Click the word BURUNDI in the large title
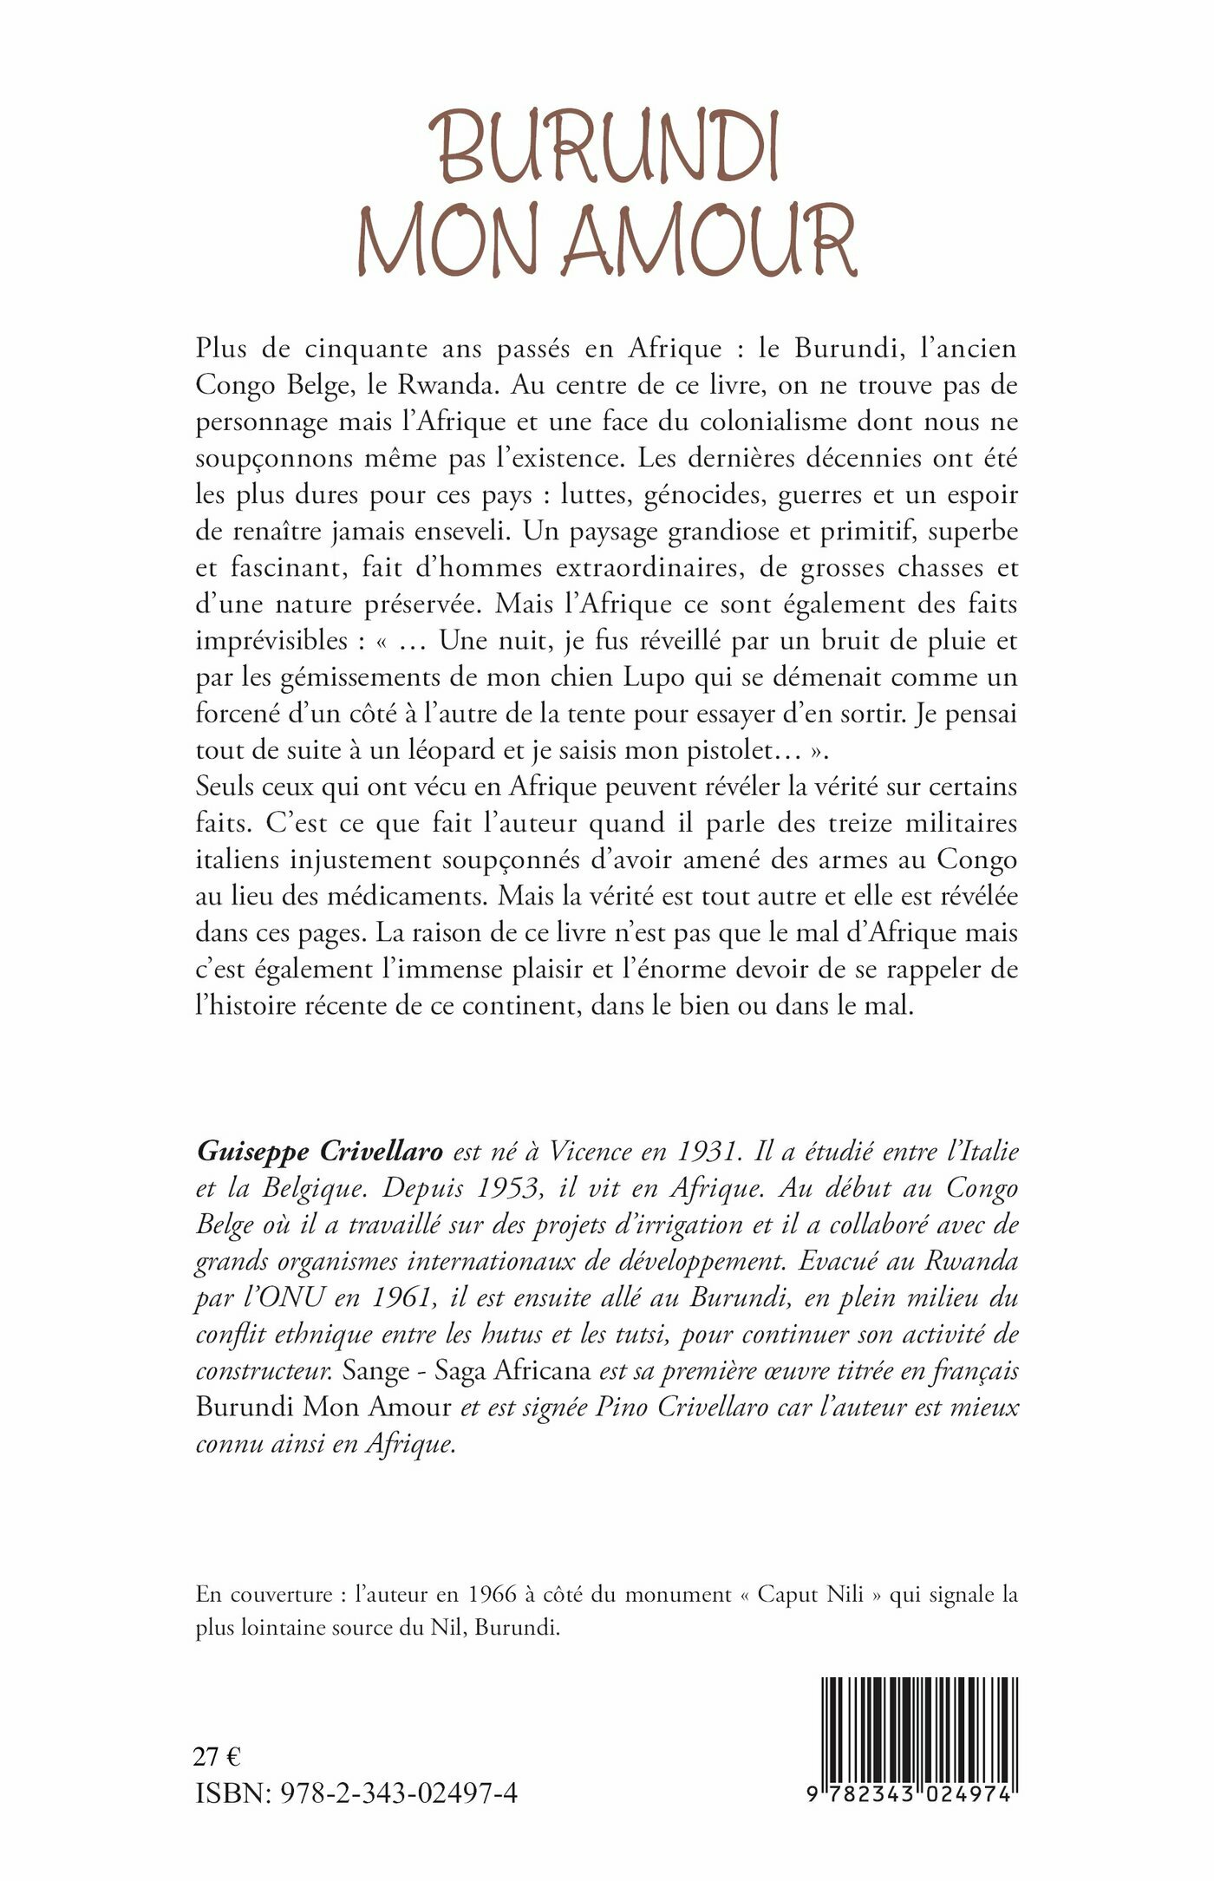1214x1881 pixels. (x=607, y=147)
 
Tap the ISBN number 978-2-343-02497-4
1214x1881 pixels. (x=400, y=1793)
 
